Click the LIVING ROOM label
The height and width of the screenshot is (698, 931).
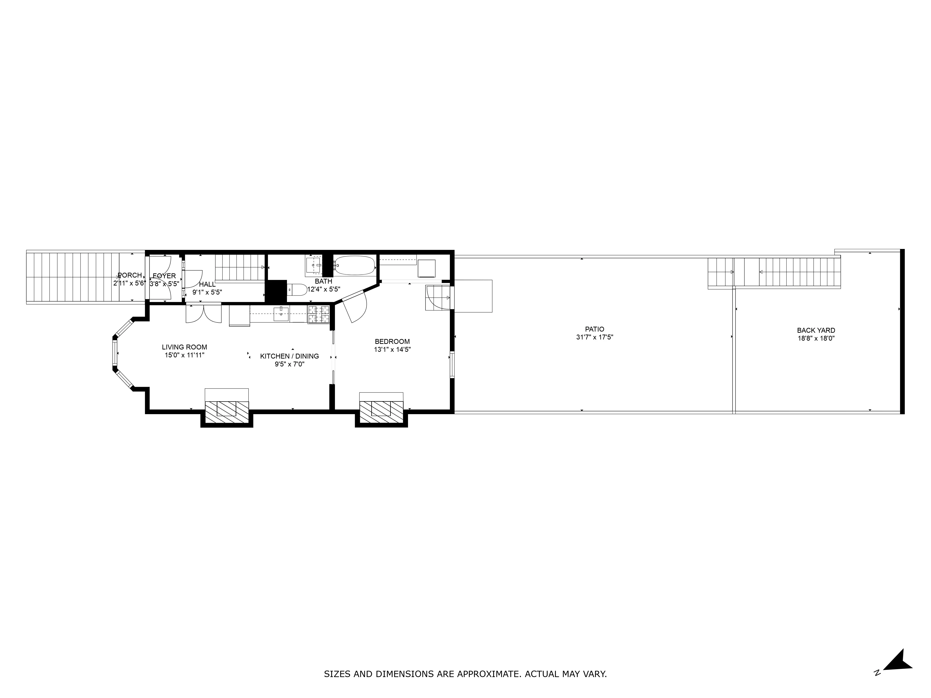coord(184,347)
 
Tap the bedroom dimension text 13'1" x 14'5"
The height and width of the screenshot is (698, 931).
coord(392,349)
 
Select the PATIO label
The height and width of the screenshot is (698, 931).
coord(594,329)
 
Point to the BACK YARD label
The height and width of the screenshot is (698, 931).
coord(816,330)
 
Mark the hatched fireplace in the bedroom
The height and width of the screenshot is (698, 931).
coord(381,412)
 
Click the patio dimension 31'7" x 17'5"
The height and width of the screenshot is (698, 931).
coord(594,337)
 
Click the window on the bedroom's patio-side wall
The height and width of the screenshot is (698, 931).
coord(452,364)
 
